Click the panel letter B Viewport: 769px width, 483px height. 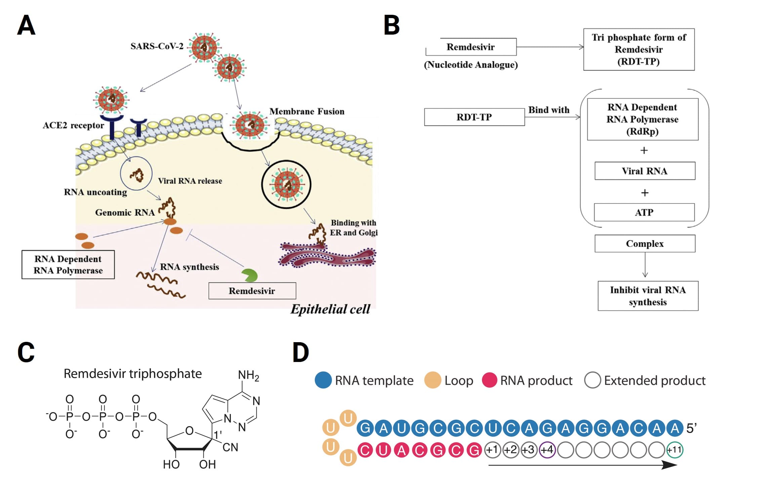pos(392,25)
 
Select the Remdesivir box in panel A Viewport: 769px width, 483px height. pos(252,291)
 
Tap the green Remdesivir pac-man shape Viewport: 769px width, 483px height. pos(250,275)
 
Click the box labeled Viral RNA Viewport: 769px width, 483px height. pos(645,171)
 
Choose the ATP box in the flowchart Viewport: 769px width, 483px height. pos(644,212)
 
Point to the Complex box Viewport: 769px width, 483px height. pos(645,244)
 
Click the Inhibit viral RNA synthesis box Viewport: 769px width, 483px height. pos(648,296)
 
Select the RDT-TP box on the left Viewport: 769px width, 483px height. pos(474,117)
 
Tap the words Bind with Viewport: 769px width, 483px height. pos(549,110)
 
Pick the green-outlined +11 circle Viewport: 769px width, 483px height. pos(675,450)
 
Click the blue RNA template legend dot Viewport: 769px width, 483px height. pos(323,380)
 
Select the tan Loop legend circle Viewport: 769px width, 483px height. pos(433,380)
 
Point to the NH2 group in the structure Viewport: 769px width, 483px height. pos(248,375)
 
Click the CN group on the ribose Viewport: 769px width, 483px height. pos(230,447)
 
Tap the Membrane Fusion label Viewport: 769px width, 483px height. pos(307,111)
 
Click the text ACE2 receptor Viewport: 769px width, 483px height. pos(73,125)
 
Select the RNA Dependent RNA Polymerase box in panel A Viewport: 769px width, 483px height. pos(68,265)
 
